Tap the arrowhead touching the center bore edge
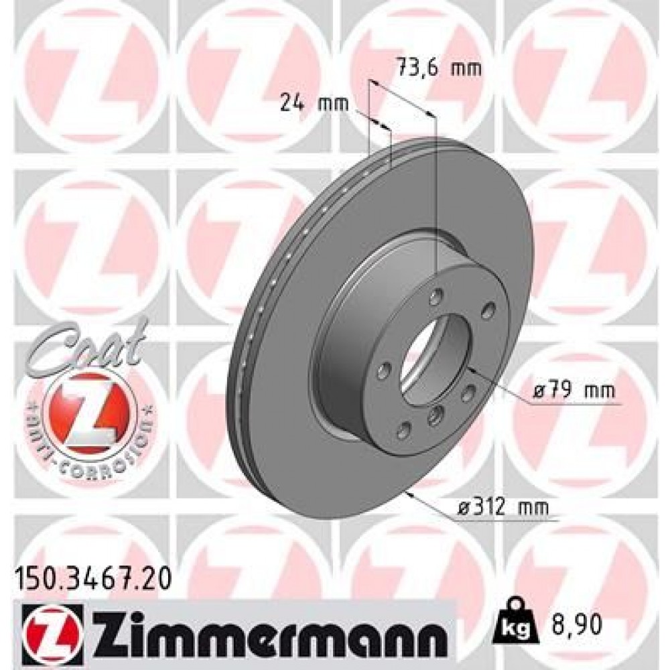(469, 368)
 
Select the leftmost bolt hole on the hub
(385, 370)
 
